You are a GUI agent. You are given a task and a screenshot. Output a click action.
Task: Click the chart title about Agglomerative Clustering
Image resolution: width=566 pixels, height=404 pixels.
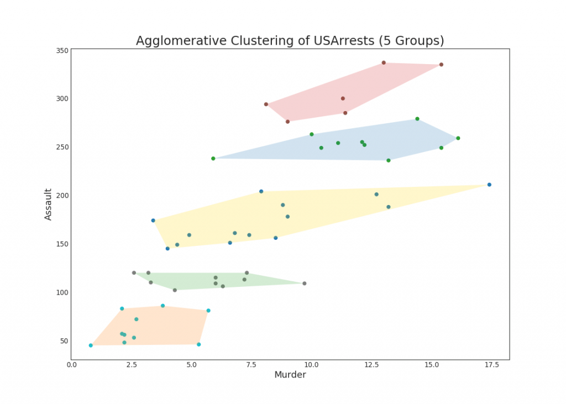[x=290, y=41]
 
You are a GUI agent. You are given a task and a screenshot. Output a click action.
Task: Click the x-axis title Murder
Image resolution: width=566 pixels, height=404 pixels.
[x=290, y=375]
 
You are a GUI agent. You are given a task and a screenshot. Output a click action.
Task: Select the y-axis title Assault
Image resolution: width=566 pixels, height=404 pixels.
[x=48, y=204]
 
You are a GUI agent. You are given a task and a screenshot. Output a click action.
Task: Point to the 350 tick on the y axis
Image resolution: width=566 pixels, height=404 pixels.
[x=62, y=50]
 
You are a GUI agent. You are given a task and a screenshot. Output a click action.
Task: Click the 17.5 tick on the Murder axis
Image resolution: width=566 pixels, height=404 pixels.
[x=492, y=365]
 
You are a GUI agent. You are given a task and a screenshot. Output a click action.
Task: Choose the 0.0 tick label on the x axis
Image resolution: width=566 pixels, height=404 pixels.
[x=71, y=365]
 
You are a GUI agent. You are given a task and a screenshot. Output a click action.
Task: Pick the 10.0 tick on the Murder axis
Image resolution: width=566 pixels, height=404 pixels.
[x=311, y=365]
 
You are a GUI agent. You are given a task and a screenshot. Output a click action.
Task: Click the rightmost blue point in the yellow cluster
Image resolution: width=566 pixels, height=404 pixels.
[x=489, y=185]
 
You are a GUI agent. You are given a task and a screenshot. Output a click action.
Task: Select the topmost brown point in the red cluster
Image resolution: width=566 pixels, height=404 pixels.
[x=384, y=63]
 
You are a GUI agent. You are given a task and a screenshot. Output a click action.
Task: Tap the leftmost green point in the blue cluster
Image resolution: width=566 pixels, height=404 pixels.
[x=213, y=159]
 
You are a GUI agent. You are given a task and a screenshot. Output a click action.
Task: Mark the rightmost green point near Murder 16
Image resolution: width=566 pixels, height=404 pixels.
[x=458, y=138]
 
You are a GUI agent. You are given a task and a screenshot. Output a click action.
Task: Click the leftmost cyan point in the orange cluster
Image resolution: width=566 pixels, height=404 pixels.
[x=91, y=345]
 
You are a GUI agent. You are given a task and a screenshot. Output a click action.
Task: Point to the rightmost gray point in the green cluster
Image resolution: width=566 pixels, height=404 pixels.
[x=305, y=284]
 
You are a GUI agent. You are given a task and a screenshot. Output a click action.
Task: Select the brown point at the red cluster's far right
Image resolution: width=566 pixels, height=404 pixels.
[x=441, y=65]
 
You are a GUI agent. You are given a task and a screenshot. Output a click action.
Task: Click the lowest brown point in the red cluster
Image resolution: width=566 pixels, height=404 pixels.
[x=287, y=122]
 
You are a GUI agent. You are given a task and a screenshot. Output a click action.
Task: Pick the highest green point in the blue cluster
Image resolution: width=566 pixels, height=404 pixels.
[x=417, y=119]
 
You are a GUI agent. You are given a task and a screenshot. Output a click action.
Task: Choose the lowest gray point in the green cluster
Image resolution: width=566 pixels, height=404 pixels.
[x=175, y=290]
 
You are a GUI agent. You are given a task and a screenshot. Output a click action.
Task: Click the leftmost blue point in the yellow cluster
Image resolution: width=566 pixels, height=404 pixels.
[x=153, y=221]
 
